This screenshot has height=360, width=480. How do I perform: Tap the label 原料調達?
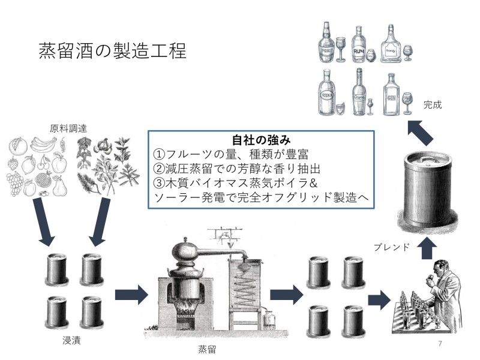tap(68, 128)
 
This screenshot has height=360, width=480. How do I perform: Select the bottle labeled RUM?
tap(359, 44)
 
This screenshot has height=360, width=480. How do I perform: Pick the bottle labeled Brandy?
tap(391, 44)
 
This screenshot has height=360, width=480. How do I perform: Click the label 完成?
tap(432, 104)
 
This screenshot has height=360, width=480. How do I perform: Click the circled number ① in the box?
tap(159, 153)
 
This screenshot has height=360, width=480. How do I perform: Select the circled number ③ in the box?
tap(159, 183)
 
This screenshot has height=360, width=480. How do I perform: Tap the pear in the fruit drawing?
tap(58, 187)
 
